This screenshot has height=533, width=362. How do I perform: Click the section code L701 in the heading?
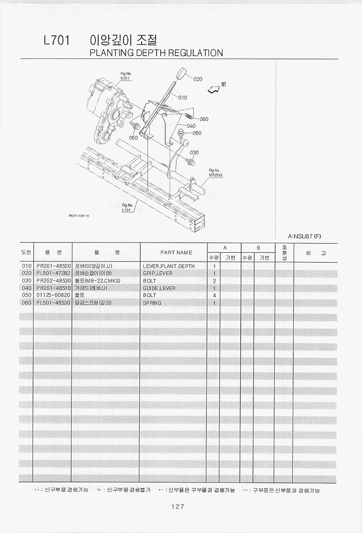pos(57,40)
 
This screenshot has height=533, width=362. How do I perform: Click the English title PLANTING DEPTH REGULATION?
pos(156,53)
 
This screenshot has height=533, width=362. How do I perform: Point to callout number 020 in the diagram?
pos(198,79)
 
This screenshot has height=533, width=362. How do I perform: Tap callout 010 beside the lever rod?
pos(183,97)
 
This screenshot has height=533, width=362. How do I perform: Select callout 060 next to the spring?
pos(204,119)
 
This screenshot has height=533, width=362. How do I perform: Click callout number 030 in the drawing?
pos(194,153)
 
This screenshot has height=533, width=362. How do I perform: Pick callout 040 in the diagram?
pos(191,126)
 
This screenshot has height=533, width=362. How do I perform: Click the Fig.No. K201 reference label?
pos(125,76)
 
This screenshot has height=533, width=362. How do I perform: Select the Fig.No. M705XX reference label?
pos(216,173)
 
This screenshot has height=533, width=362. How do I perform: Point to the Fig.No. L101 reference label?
pos(127,207)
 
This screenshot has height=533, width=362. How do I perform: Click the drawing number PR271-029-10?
pos(79,216)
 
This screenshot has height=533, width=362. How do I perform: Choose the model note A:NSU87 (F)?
pos(304,236)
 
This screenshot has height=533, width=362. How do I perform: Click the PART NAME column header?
pos(176,253)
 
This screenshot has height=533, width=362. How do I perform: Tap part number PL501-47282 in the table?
pos(53,274)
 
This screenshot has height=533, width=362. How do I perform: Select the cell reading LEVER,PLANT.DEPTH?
pos(169,266)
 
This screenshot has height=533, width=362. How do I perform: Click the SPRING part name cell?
pos(152,303)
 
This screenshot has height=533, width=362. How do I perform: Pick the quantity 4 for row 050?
pos(214,295)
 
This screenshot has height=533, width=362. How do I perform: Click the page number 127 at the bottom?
pos(178,506)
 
